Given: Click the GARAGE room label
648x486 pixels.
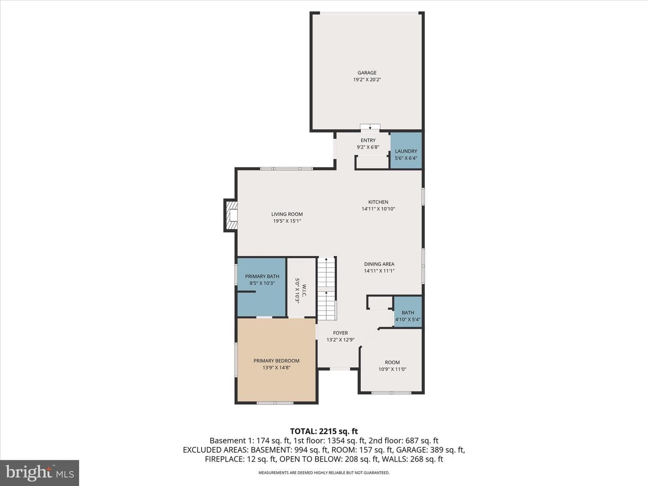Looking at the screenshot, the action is coord(367,72).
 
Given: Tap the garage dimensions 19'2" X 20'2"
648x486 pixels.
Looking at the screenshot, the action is coord(367,79).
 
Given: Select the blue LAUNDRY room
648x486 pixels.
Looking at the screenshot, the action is coord(406,150).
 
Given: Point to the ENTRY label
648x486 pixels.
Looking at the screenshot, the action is coord(368,140).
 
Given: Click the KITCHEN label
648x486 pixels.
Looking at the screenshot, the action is coord(378,202).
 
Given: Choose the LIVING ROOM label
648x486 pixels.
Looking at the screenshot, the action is coord(287,214).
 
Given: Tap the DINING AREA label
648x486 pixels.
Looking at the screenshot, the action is coord(379,264).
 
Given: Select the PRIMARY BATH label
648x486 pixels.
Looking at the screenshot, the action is coord(262,276).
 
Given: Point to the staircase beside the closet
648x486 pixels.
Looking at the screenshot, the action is coord(327,288).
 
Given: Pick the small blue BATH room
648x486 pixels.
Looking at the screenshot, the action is coord(408,311).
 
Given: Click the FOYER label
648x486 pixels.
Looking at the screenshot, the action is coord(340,333).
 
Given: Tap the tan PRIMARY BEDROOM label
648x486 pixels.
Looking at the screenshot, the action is coord(276,360).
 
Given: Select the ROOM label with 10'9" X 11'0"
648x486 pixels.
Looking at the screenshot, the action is coord(392,362).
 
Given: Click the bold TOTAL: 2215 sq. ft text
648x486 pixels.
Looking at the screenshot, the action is coord(324,432).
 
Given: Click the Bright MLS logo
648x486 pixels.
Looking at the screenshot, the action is coord(40,473).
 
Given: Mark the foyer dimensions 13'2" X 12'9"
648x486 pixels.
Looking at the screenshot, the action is coord(340,340).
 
